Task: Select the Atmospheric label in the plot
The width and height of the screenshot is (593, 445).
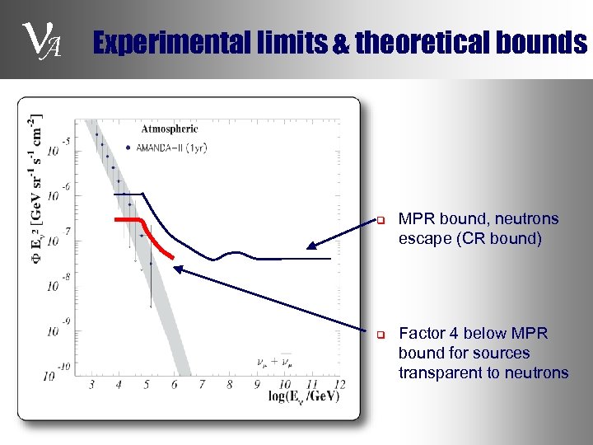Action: point(170,129)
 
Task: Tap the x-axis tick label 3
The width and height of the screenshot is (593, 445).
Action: point(91,384)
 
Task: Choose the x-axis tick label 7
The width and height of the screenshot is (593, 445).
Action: point(201,384)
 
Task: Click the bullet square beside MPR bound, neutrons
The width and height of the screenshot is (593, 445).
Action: point(381,220)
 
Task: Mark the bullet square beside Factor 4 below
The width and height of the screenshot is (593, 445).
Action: point(381,335)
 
